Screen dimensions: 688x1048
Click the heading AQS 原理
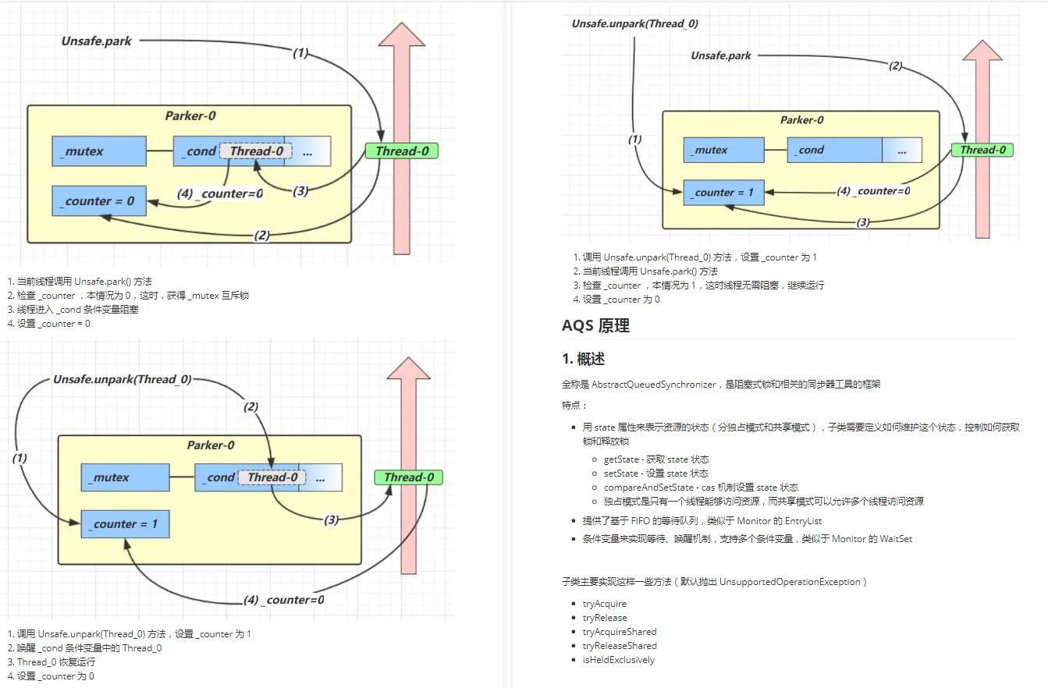(x=595, y=326)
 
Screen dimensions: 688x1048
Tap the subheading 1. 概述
(x=583, y=359)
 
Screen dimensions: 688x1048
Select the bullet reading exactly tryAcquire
(x=604, y=604)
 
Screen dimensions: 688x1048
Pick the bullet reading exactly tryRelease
(x=604, y=618)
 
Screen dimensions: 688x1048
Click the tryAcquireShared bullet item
(x=619, y=632)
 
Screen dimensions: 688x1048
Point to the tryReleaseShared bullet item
(x=619, y=646)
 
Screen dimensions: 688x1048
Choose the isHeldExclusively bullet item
(x=618, y=660)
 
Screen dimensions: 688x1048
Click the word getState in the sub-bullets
(x=622, y=459)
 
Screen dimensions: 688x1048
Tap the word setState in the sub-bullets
(x=621, y=473)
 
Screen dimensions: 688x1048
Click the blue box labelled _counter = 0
(x=99, y=201)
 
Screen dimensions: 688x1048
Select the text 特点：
(x=574, y=406)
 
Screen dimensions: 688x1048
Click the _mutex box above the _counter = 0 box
(x=99, y=151)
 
